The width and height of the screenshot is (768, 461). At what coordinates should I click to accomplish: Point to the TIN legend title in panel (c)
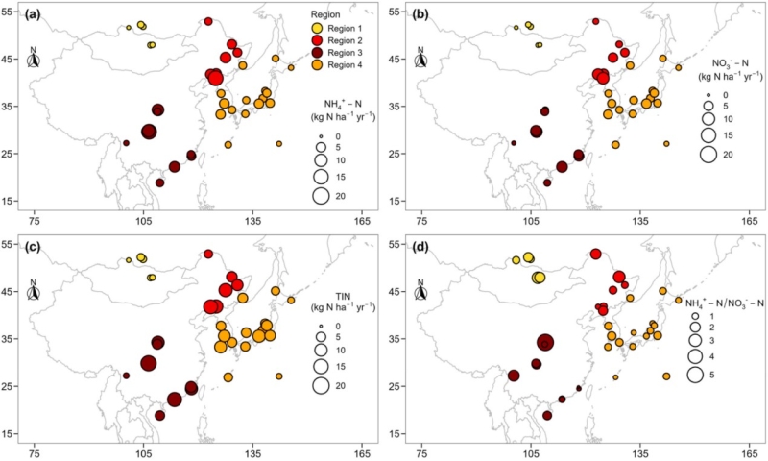[x=343, y=293]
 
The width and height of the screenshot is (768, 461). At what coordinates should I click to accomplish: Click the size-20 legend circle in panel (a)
[x=321, y=196]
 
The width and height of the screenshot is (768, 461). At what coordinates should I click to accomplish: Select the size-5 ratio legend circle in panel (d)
[x=694, y=375]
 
